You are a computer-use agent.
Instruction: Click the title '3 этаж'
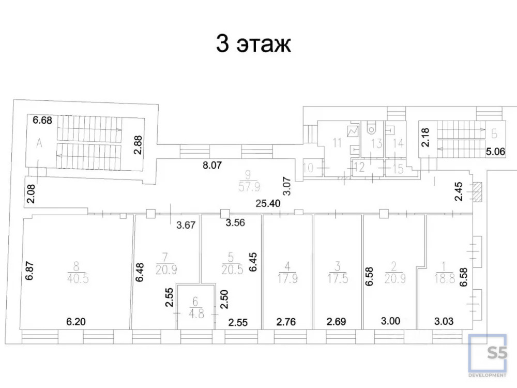253,43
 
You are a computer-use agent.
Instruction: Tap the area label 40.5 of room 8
78,279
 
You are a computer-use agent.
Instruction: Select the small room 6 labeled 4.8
196,306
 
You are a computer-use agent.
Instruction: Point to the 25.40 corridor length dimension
268,203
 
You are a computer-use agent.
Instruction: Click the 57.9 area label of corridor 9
249,187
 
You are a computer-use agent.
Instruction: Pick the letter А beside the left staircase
39,143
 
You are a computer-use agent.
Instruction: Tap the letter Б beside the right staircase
494,134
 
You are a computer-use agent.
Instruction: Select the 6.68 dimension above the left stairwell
42,120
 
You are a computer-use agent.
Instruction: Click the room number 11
337,143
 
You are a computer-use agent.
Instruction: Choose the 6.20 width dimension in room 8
76,321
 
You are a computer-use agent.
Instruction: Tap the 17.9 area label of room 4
287,279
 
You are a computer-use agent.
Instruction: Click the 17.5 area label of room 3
338,279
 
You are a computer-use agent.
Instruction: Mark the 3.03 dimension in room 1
444,321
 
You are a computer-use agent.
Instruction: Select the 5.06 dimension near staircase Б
496,152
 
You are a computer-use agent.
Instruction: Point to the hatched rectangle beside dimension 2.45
477,192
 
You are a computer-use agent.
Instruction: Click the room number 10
308,168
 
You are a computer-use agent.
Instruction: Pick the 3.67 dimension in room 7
186,225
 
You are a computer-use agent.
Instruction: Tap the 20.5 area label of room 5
233,270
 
